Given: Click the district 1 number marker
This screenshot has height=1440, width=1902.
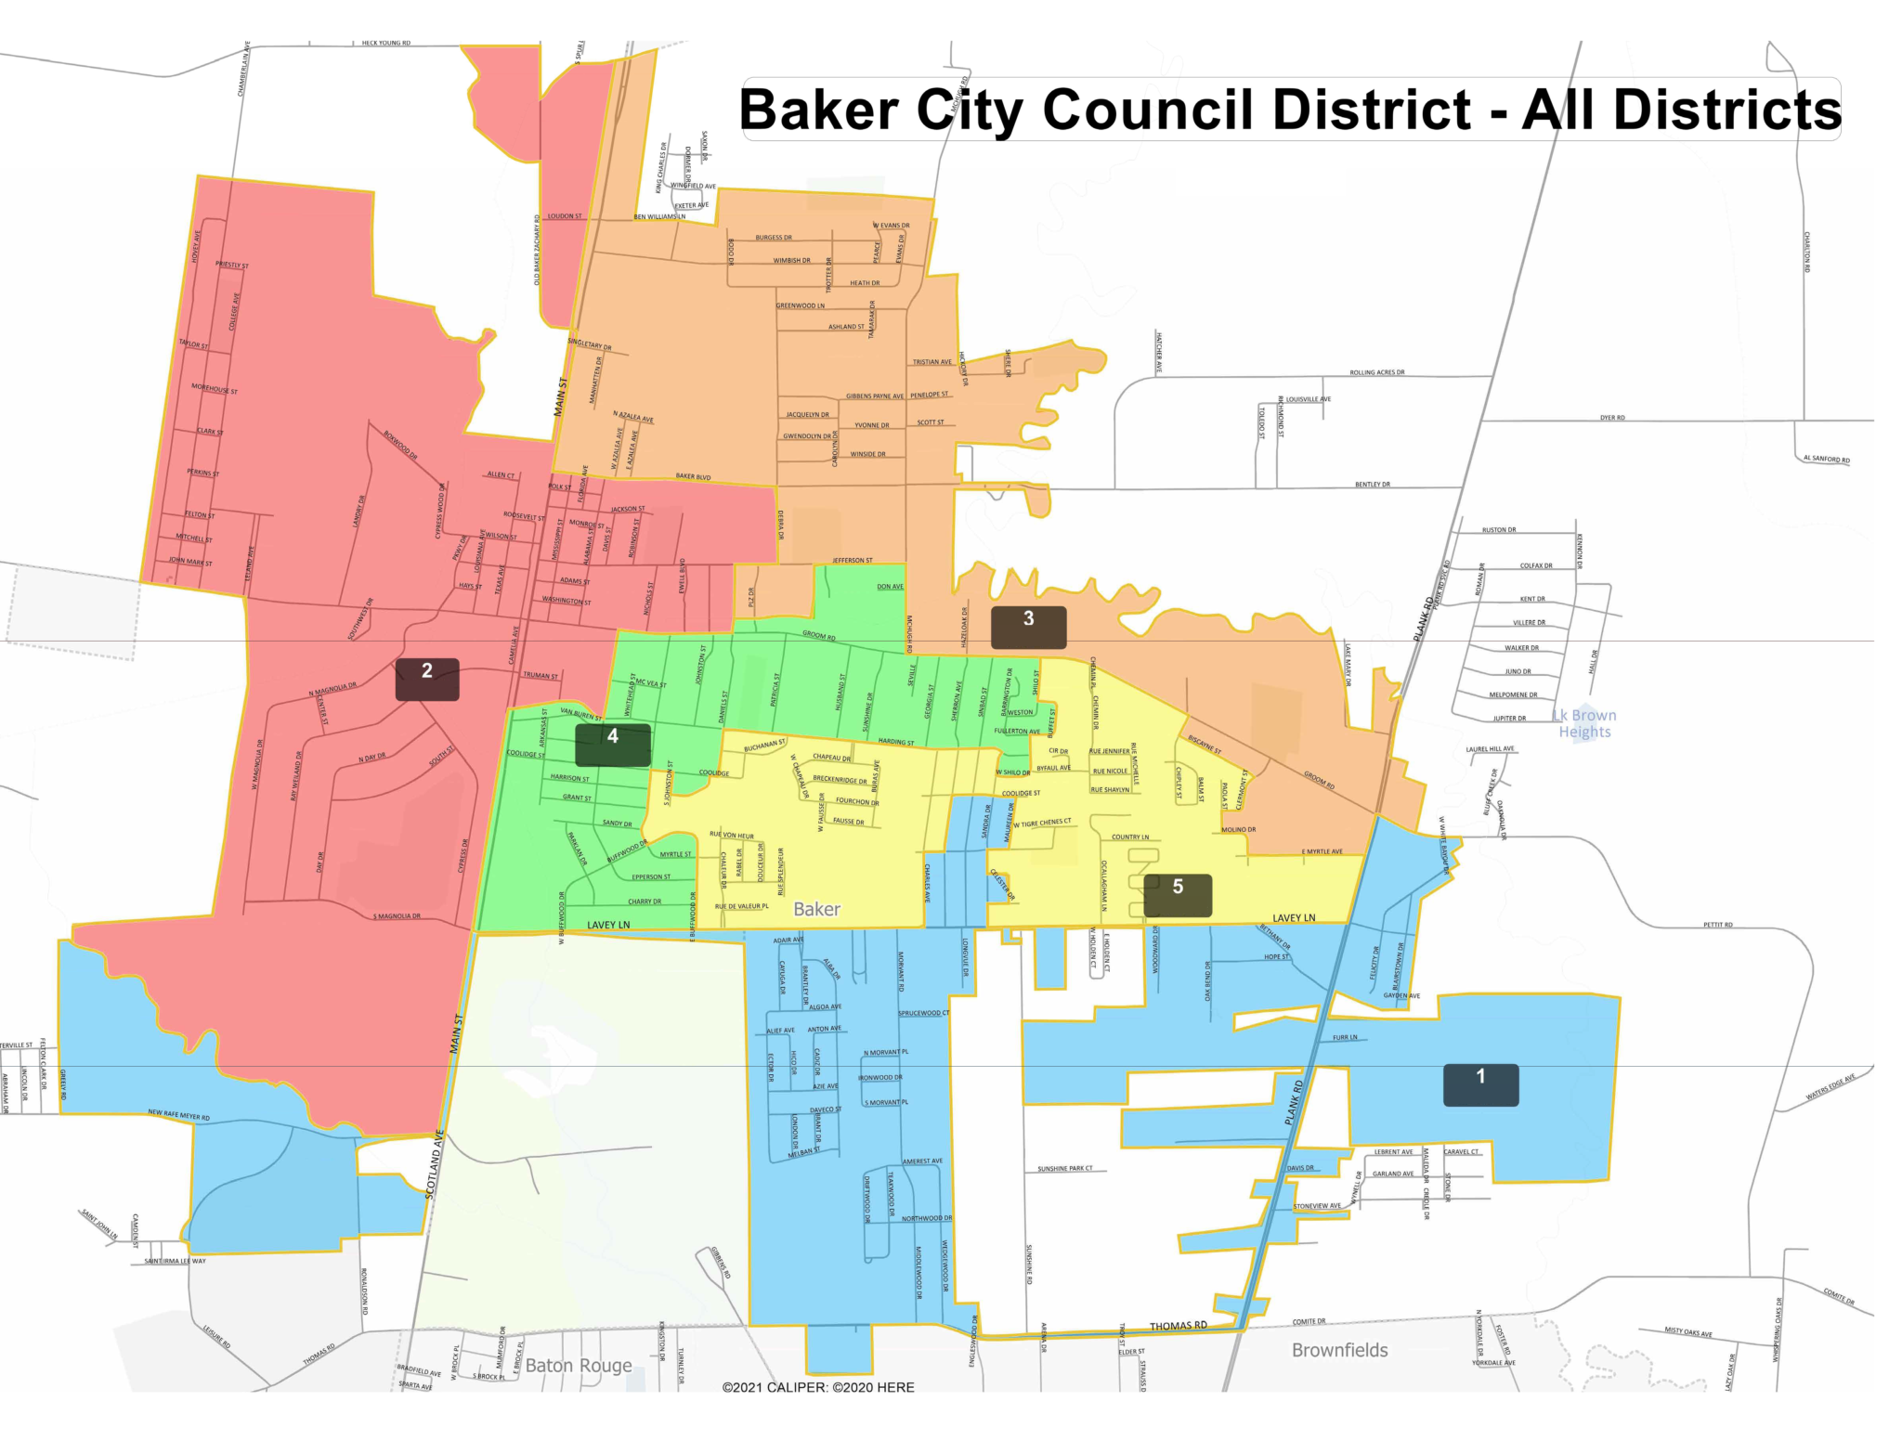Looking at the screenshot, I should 1480,1084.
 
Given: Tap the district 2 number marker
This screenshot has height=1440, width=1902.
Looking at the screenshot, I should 427,679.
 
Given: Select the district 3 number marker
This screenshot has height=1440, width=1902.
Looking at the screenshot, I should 1028,627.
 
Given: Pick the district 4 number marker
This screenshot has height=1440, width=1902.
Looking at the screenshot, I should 613,745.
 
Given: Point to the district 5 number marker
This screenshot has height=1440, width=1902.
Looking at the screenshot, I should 1178,895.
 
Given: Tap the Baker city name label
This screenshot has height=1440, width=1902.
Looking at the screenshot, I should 817,909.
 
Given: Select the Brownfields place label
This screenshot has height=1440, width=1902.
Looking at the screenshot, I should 1339,1350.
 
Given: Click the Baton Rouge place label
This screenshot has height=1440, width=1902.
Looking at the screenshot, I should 579,1365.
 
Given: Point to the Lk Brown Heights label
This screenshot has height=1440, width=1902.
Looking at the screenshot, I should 1585,723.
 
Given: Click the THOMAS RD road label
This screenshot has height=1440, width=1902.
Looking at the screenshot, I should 1179,1326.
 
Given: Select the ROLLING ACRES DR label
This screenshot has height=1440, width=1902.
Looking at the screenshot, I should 1376,372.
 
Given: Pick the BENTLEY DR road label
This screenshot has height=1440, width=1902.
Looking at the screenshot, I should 1373,485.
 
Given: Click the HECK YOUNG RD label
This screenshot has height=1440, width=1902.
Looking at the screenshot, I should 385,43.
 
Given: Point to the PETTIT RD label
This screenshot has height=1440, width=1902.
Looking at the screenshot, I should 1718,925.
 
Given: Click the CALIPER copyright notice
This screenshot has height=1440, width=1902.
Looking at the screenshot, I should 818,1387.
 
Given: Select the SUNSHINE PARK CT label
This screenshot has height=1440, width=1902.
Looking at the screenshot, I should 1065,1168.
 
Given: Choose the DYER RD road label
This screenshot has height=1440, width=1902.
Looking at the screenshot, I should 1612,418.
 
